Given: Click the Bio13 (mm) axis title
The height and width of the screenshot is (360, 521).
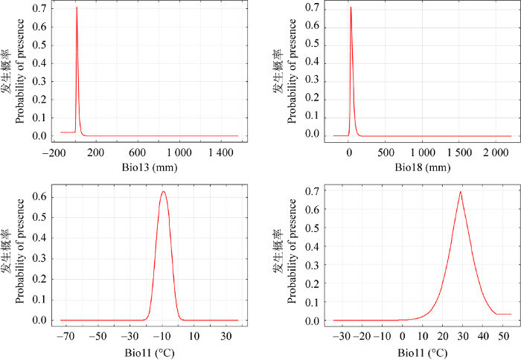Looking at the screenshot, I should click(x=148, y=167).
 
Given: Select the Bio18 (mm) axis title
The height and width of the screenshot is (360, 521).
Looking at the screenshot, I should click(x=420, y=167).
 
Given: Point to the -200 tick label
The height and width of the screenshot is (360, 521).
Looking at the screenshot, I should click(x=52, y=152).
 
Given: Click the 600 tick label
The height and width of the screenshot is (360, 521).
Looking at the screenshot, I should click(x=138, y=152).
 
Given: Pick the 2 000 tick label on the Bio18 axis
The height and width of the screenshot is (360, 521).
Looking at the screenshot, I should click(x=495, y=152).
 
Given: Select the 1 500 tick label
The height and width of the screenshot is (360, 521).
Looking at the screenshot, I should click(x=458, y=152).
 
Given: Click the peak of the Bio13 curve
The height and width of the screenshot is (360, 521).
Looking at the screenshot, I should click(x=76, y=8).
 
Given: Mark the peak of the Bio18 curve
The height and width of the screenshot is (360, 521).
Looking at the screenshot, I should click(x=351, y=8).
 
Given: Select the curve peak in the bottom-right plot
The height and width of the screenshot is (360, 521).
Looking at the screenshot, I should click(x=461, y=192).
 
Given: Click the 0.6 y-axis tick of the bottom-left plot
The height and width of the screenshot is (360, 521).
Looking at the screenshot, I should click(x=39, y=197).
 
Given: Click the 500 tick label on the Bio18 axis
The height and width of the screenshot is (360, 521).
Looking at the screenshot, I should click(x=386, y=152).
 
